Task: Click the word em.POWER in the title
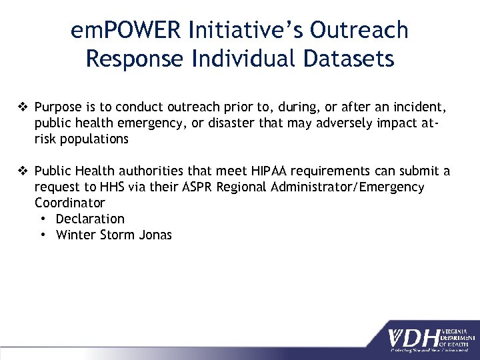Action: (x=127, y=30)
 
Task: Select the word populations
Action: (x=95, y=139)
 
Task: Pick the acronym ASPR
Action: (x=199, y=187)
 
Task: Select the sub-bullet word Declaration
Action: (x=90, y=219)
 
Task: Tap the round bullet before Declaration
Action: (x=43, y=219)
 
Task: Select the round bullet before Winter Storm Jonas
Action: (x=43, y=235)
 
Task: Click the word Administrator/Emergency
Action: (x=348, y=187)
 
